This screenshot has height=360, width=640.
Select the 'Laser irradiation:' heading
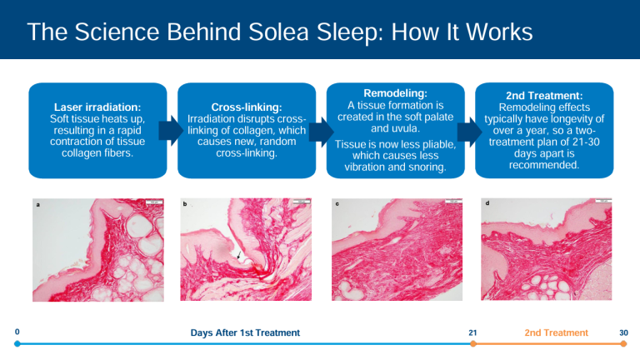(97, 107)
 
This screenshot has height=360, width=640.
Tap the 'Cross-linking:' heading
(247, 107)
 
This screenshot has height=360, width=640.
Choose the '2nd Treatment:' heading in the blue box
(543, 96)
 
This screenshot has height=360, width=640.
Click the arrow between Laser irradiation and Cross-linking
(171, 130)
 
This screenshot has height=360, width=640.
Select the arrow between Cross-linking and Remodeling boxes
(319, 130)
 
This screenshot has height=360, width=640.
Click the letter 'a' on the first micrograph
(36, 205)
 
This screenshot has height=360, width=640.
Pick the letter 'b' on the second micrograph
(185, 205)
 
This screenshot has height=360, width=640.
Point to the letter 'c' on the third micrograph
(335, 205)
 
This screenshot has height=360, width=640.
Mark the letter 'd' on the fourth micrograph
(486, 204)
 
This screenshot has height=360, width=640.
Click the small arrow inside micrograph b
(239, 255)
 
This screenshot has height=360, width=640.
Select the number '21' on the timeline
(472, 333)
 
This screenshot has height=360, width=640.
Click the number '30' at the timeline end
(623, 333)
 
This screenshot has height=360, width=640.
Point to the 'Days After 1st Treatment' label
(245, 333)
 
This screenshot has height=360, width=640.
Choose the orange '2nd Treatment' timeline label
(556, 333)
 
